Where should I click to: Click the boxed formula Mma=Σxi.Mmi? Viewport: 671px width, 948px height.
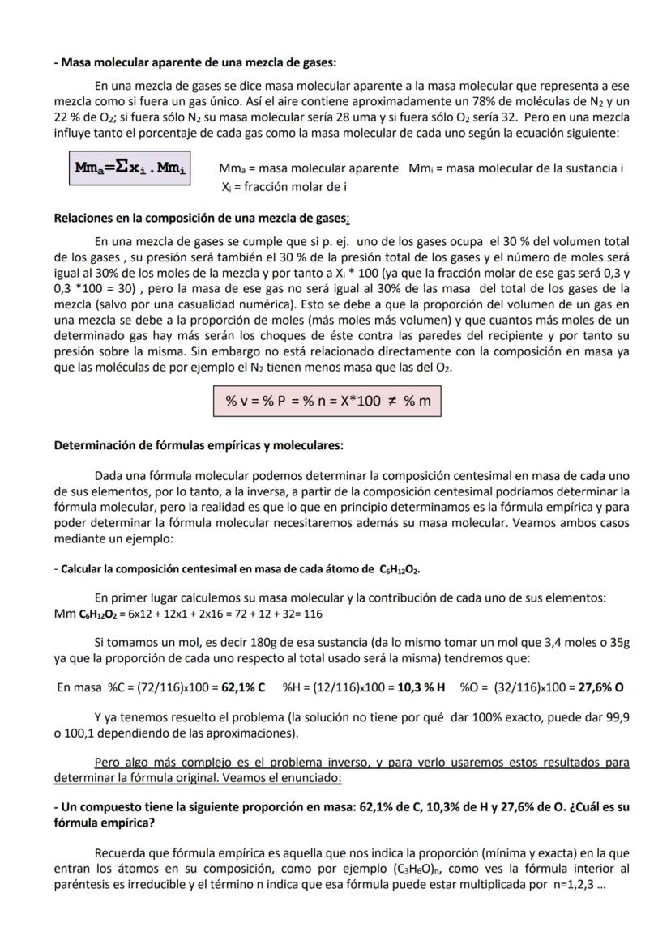pos(130,168)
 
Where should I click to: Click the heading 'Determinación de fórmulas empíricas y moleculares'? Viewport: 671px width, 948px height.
pos(199,445)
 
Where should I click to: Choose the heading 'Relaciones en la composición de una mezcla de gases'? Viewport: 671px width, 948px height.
pos(201,218)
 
